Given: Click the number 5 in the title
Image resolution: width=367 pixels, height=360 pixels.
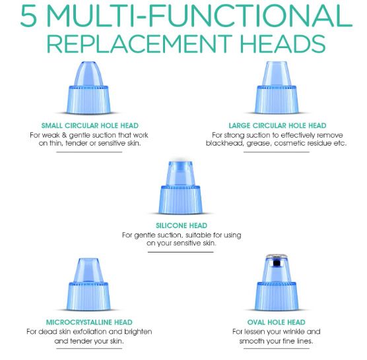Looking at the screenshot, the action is tap(28, 16).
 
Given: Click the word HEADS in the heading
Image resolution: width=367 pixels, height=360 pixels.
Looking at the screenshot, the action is tap(283, 44).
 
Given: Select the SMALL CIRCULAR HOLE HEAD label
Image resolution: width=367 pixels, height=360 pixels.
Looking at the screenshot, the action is tap(90, 125).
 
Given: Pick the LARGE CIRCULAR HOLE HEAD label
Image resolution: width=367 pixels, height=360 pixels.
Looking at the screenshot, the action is tap(277, 125).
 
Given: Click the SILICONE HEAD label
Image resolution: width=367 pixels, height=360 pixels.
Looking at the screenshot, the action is tap(182, 225).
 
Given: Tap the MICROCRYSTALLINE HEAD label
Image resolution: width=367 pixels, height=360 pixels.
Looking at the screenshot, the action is tap(89, 322).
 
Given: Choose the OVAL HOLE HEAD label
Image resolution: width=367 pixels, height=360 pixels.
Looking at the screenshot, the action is tap(276, 322).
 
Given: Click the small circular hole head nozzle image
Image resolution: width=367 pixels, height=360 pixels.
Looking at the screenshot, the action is tap(88, 88).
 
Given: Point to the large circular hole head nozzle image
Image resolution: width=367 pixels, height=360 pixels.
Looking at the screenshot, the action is tap(277, 88).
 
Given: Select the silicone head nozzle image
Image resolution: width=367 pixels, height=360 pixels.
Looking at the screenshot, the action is tap(180, 187).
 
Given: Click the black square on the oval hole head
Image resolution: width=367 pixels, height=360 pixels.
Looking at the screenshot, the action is tap(277, 263).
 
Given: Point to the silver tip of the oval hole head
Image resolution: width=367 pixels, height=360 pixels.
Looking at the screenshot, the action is tap(277, 256).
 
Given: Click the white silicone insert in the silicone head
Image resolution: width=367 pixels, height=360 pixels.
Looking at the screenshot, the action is tap(180, 173).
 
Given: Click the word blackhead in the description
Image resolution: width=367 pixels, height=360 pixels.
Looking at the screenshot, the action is tap(224, 143).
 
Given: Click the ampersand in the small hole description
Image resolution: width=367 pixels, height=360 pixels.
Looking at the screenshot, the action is tap(65, 135).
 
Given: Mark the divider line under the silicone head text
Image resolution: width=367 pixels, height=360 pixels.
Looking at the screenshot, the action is tap(180, 252).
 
